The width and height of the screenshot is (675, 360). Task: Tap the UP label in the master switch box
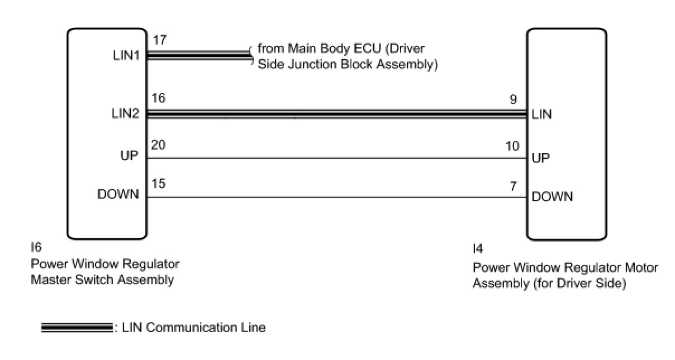click(x=130, y=156)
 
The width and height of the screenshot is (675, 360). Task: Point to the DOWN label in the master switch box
click(x=118, y=195)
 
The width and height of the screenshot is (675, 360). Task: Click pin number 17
click(x=159, y=40)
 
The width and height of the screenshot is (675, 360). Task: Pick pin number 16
click(x=159, y=99)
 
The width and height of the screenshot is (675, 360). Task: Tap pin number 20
click(x=159, y=145)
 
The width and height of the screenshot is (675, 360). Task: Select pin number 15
click(x=159, y=183)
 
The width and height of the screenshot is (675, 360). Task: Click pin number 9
click(x=514, y=100)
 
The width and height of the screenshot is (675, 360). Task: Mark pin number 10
click(x=512, y=146)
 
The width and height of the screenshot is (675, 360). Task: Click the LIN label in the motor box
click(x=542, y=115)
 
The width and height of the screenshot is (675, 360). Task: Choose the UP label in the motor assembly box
click(x=540, y=158)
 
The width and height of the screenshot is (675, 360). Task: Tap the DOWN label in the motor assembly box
click(x=552, y=197)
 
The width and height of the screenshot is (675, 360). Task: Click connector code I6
click(x=36, y=247)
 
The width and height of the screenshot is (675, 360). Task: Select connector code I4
click(x=478, y=248)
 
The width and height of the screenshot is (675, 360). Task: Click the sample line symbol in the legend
click(x=77, y=328)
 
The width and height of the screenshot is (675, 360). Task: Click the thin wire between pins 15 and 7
click(x=335, y=197)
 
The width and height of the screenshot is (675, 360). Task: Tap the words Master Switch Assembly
click(x=102, y=280)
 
